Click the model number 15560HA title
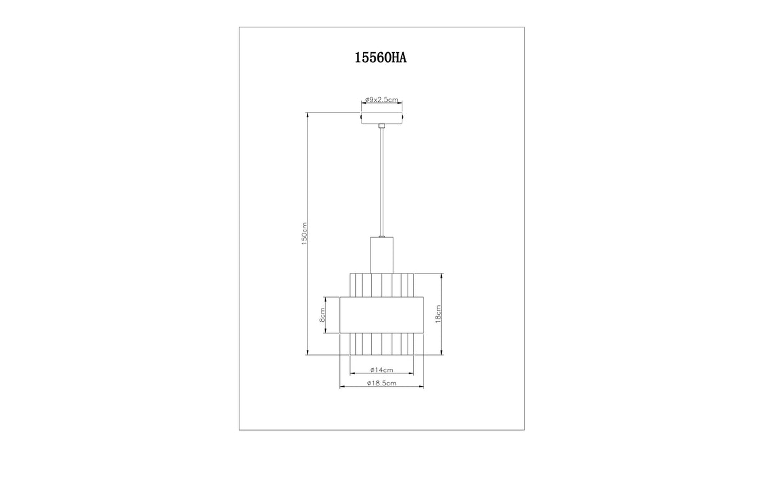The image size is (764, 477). point(381,58)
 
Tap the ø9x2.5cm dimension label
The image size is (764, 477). point(381,99)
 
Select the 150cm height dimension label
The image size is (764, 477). point(304,233)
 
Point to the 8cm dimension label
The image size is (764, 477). point(322,315)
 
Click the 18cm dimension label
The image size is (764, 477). point(438,314)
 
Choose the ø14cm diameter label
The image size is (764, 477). point(381,370)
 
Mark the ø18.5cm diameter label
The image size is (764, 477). point(381,383)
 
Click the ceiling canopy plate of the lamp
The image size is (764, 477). point(381,118)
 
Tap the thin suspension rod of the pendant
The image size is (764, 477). point(381,182)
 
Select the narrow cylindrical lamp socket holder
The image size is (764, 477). point(381,255)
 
